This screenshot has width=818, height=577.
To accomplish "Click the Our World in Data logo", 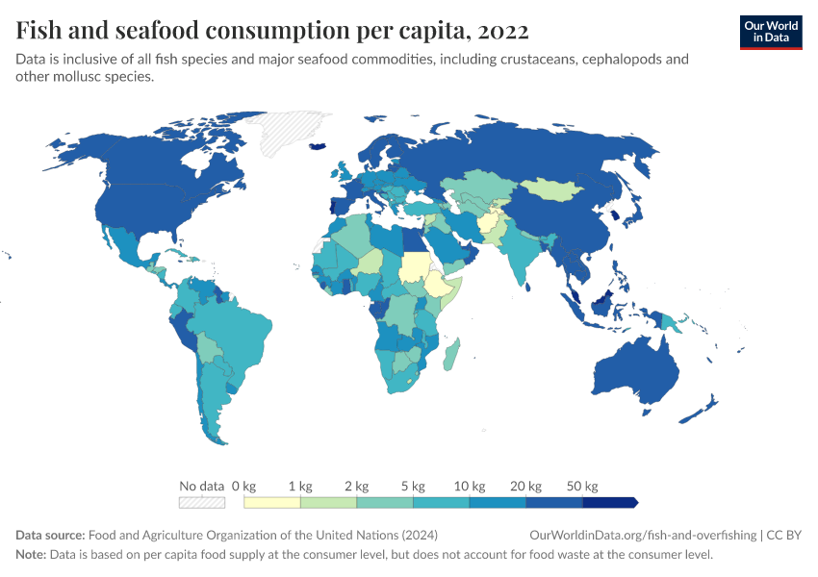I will coord(770,32).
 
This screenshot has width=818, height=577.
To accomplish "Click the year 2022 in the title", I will coord(501,31).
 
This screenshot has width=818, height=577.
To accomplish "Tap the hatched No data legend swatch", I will coord(202,502).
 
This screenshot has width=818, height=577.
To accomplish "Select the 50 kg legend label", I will coord(582,486).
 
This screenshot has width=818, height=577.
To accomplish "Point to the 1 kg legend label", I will coord(300,486).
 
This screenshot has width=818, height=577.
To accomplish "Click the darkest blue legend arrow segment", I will coord(610,502).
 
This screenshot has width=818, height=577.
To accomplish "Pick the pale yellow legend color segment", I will coord(272,502).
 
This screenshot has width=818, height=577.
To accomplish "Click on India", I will coord(525,256).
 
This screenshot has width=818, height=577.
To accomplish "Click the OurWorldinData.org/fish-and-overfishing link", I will coord(643,536).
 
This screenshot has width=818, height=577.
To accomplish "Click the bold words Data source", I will coord(50,536).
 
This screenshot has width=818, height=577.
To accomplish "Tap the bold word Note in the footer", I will coord(32,555).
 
